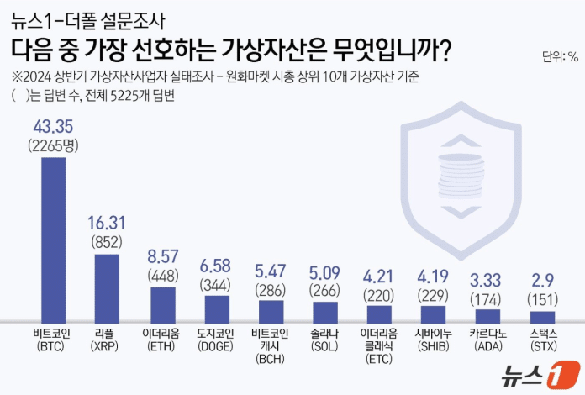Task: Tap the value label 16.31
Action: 107,223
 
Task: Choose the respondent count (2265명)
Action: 54,145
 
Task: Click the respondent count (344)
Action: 217,283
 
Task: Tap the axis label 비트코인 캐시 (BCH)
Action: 271,345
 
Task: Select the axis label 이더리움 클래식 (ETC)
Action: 379,345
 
